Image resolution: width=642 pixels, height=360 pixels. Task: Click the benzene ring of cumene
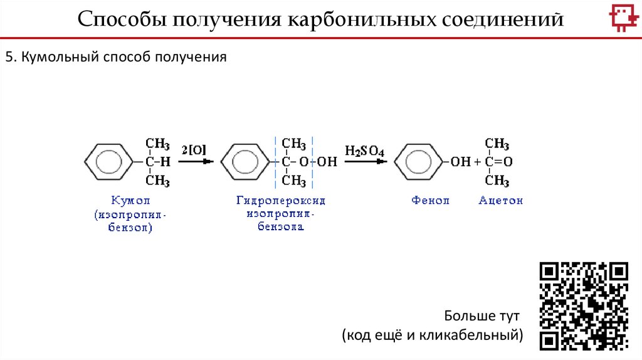coord(104,162)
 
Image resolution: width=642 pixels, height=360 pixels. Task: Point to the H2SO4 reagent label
coord(364,151)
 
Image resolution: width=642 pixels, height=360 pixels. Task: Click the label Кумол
coord(132,201)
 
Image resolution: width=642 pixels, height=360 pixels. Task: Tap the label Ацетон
coord(500,201)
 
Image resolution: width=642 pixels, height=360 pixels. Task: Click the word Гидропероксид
coord(281,201)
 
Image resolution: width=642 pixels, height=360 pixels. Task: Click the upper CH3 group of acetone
coord(497,144)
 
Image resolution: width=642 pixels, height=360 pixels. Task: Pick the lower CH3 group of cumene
coord(158,181)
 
